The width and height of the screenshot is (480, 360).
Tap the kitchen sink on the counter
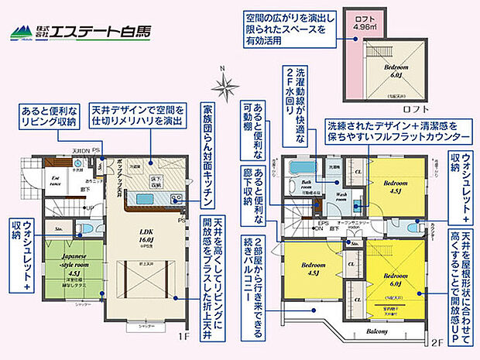[x=147, y=198]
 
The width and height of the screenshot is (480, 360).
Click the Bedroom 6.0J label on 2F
[x=395, y=279]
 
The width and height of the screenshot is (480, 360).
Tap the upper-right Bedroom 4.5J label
[x=395, y=185]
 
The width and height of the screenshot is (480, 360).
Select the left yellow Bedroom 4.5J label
[x=314, y=272]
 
